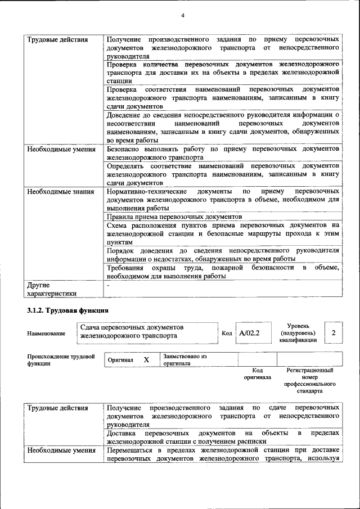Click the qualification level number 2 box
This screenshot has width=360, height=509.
[334, 334]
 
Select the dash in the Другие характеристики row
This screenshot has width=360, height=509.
[108, 286]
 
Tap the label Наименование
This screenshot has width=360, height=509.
[46, 334]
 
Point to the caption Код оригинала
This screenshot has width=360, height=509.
[257, 373]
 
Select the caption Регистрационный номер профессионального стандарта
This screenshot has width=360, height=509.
[309, 380]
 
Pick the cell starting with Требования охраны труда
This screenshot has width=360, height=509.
[223, 272]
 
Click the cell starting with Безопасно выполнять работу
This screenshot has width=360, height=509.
[223, 154]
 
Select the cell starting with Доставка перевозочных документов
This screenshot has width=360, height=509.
[223, 437]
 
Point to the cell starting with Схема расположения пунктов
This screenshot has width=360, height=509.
[223, 233]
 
